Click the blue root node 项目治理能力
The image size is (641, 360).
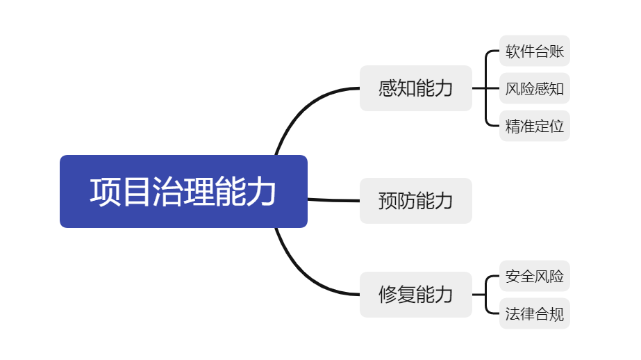tap(183, 191)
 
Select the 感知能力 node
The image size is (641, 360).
tap(416, 88)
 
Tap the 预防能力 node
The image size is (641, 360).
tap(416, 201)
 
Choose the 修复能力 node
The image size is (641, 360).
tap(416, 295)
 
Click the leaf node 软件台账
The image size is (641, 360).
tap(535, 51)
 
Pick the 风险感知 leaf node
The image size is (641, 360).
tap(535, 88)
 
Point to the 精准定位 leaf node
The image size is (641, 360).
tap(535, 126)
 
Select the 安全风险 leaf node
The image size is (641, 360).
tap(535, 276)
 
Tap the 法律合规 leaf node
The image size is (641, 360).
tap(535, 313)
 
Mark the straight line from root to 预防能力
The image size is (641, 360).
tap(333, 200)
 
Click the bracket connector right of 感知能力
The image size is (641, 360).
tap(485, 88)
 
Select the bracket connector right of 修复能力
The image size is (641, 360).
tap(485, 295)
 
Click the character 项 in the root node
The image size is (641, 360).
tap(105, 191)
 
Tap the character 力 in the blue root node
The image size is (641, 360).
tap(261, 191)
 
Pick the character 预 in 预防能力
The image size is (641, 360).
tap(388, 201)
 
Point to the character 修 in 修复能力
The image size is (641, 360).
tap(388, 295)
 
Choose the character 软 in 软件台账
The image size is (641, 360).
tap(513, 51)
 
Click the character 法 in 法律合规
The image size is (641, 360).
tap(513, 313)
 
